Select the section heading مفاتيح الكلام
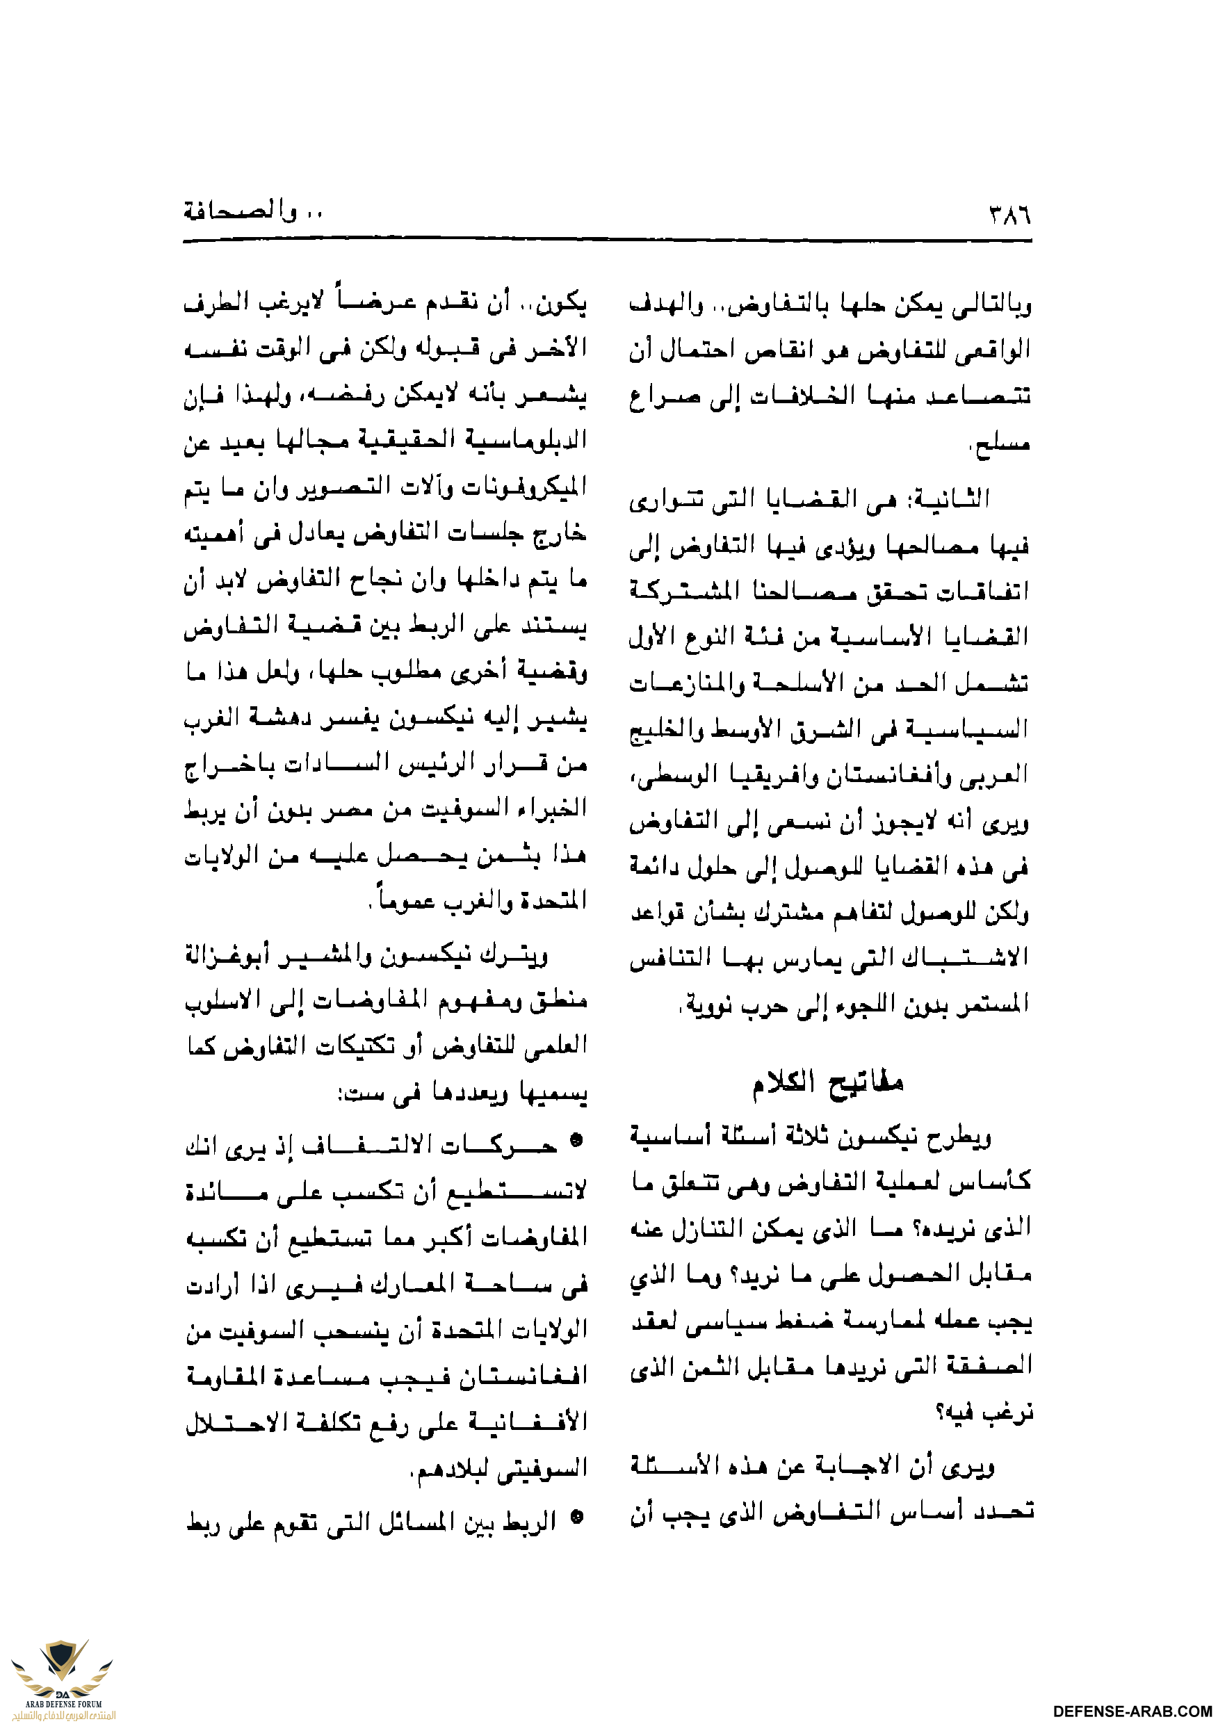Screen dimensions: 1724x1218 point(828,1082)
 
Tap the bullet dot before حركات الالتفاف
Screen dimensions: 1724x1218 point(576,1144)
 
